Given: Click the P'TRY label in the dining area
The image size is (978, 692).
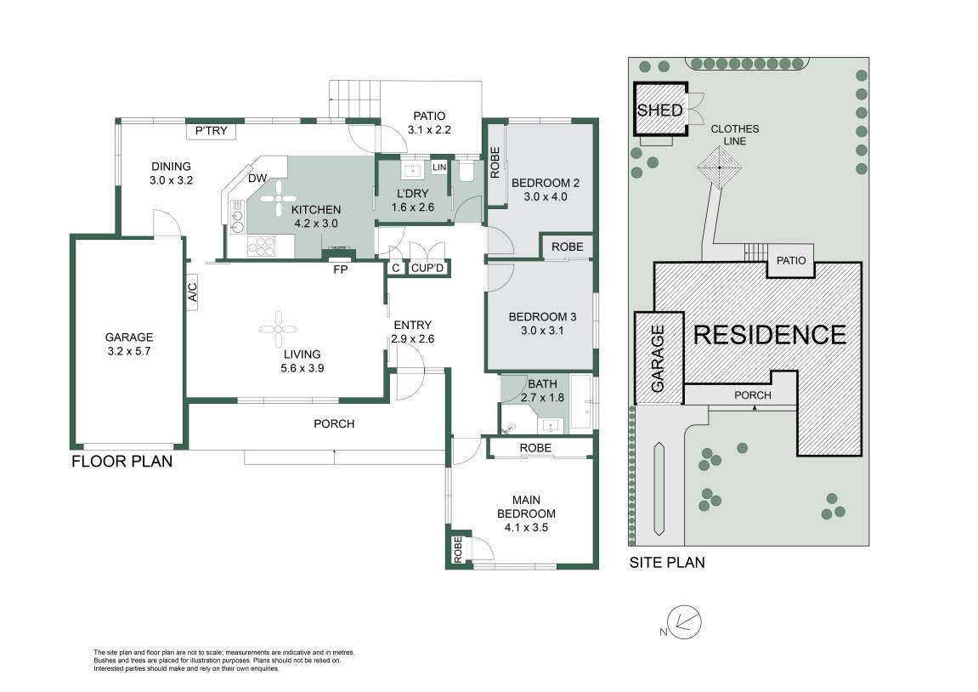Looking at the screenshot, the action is click(212, 131).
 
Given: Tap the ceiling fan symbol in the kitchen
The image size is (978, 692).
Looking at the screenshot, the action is click(278, 199).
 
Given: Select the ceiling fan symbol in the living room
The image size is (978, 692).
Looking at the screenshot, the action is click(278, 330).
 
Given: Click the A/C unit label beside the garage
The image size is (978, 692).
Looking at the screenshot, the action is click(193, 292).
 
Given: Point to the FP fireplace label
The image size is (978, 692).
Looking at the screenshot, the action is click(341, 269).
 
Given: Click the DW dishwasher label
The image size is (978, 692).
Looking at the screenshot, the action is click(257, 179).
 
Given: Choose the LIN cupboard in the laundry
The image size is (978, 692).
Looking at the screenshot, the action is click(439, 167).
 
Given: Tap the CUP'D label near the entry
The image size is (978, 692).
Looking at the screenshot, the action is click(428, 269).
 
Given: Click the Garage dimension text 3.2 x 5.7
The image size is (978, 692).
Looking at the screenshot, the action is click(129, 351).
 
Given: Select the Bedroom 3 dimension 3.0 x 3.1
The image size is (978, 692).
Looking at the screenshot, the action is click(542, 331).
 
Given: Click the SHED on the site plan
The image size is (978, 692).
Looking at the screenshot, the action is click(660, 109).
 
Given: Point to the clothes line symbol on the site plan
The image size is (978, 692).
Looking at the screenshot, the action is click(720, 167).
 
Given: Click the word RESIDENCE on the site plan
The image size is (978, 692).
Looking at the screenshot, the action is click(770, 335).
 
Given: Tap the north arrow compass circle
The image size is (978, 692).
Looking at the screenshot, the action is click(684, 622).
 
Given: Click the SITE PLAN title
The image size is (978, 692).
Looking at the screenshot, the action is click(667, 562).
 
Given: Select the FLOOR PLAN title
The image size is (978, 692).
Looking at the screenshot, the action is click(122, 461).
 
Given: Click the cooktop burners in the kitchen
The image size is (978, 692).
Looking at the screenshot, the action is click(262, 247).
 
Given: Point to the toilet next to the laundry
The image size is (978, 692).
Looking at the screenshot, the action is click(466, 172).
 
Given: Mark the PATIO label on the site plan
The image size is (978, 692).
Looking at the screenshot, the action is click(791, 260).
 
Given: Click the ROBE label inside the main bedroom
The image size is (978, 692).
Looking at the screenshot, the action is click(458, 550).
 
